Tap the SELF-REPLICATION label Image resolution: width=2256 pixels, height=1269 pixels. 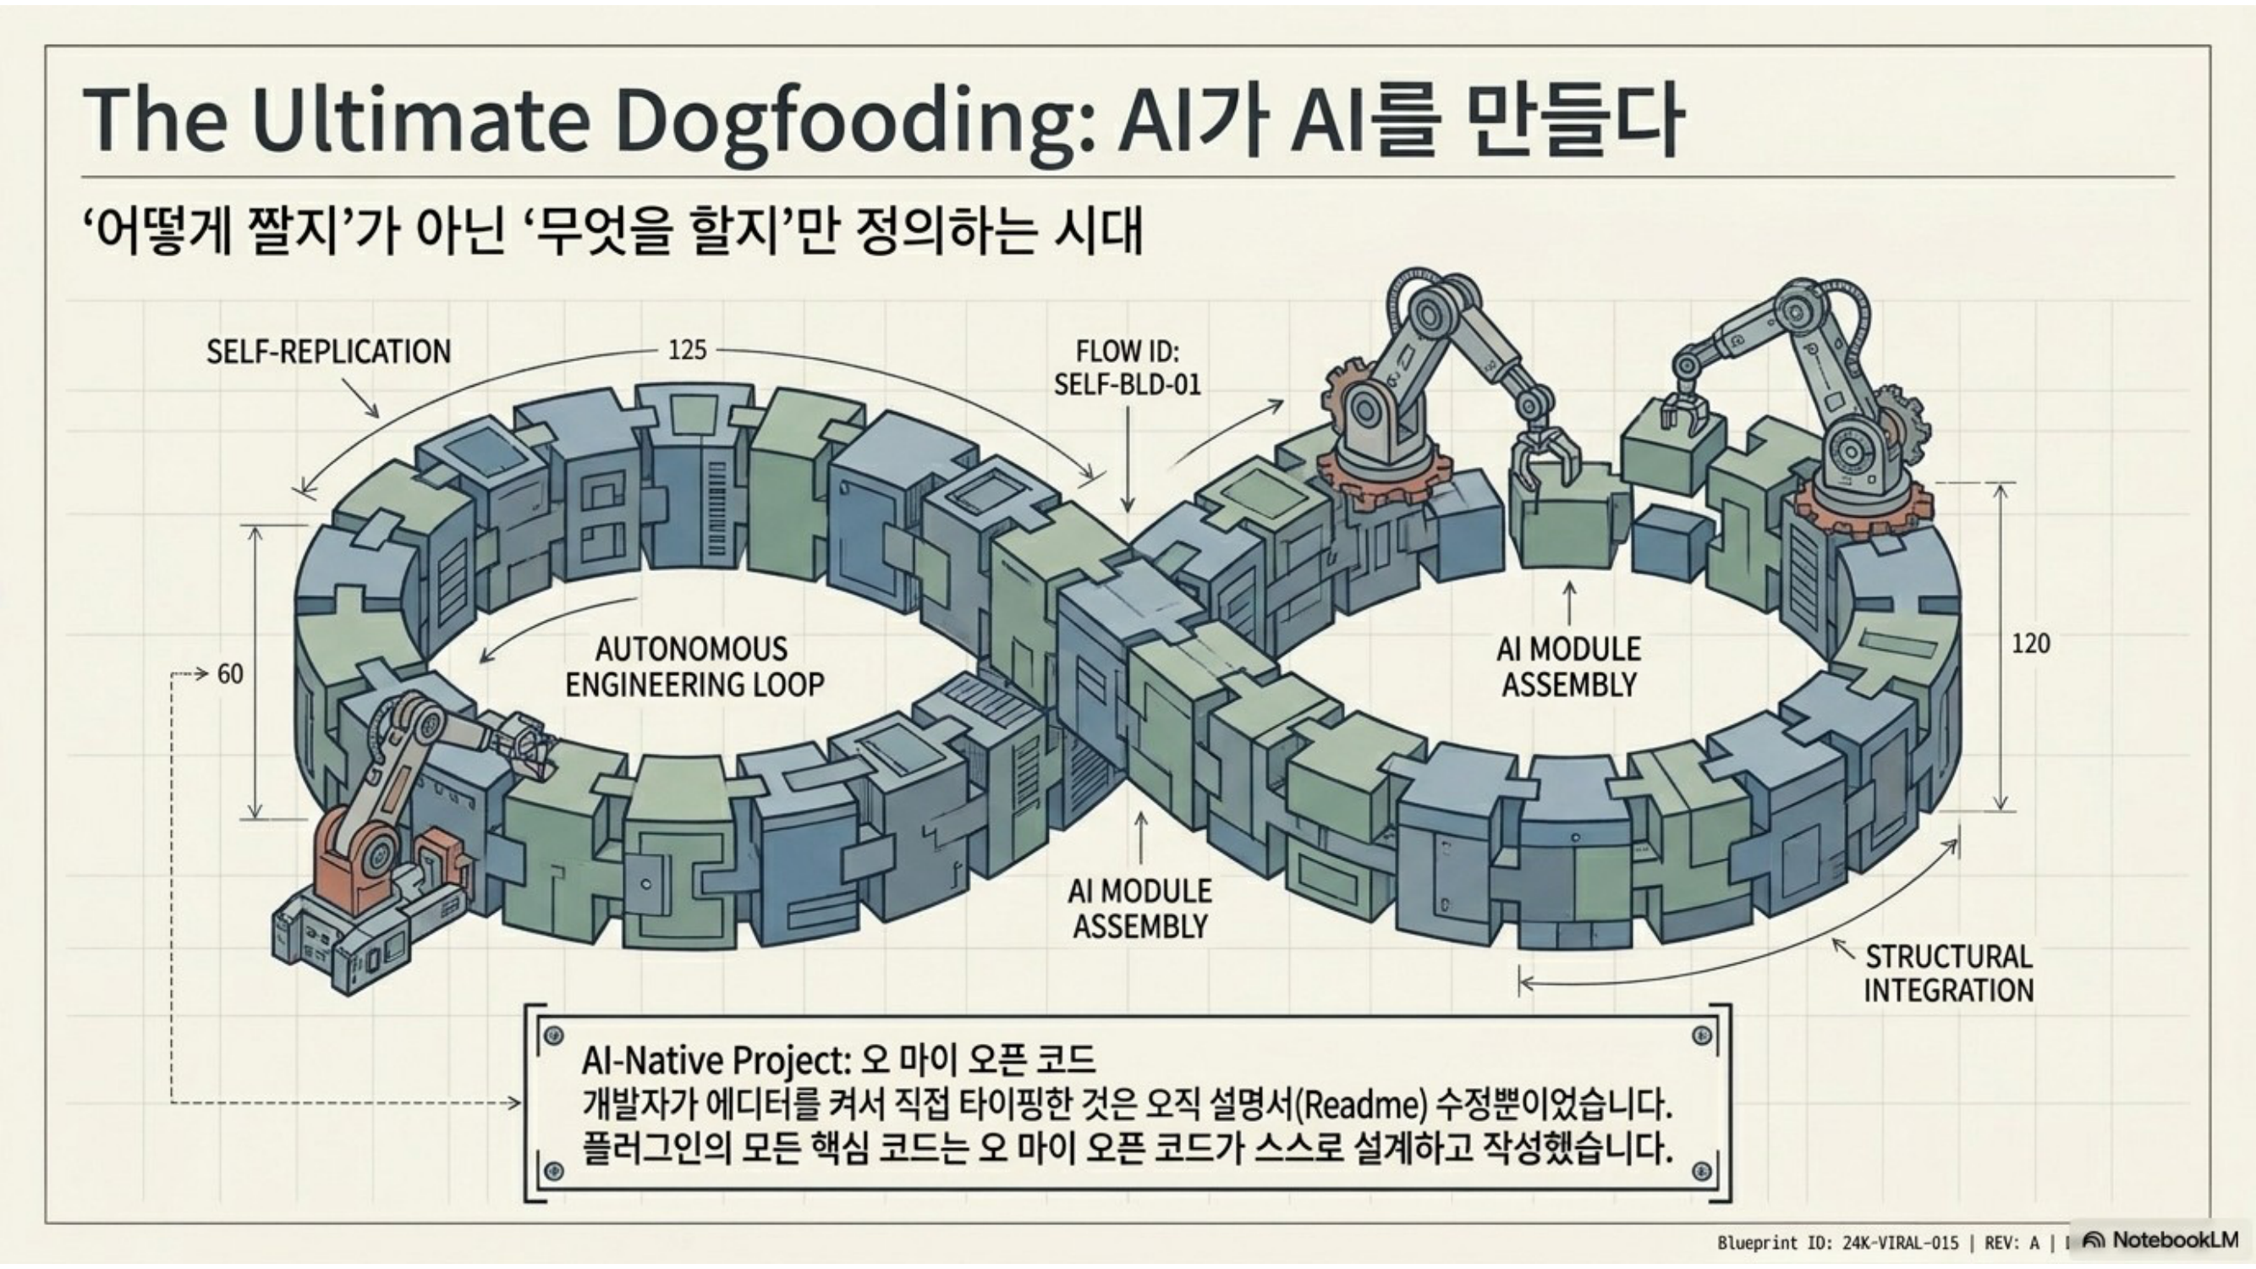[x=328, y=352]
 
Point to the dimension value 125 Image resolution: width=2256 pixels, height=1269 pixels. [x=688, y=350]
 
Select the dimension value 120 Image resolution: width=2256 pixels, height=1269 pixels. [x=2030, y=645]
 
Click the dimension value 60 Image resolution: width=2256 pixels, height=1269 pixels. [x=230, y=674]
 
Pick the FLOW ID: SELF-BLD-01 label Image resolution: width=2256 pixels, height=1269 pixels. [x=1127, y=368]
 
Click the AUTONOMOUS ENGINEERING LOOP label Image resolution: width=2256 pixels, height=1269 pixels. [x=694, y=667]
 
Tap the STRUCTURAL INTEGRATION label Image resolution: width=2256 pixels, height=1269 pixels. [x=1949, y=973]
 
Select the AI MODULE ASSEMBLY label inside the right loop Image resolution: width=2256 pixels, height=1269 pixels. [x=1568, y=667]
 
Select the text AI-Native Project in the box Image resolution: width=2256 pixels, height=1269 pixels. [x=715, y=1062]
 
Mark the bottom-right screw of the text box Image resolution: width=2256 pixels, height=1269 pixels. [x=1703, y=1171]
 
